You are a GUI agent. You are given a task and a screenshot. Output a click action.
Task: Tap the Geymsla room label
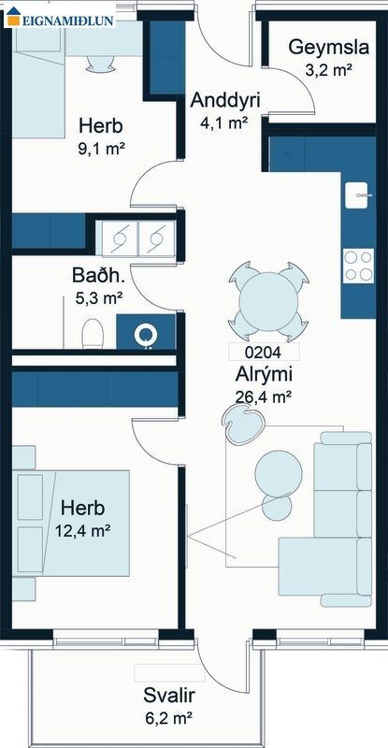[329, 49]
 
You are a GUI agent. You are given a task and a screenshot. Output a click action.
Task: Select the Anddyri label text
[224, 101]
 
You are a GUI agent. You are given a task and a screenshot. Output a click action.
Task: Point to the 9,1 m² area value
[101, 150]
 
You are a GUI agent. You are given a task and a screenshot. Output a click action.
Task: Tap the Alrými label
[264, 375]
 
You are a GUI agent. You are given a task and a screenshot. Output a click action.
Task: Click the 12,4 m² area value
[82, 530]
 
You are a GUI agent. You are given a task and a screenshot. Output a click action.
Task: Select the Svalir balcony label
[169, 696]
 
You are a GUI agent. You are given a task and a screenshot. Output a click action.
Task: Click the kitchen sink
[356, 195]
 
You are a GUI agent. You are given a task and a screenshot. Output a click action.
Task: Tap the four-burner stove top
[358, 266]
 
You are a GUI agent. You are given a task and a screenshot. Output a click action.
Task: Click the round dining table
[268, 301]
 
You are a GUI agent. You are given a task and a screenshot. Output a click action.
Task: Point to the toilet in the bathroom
[93, 334]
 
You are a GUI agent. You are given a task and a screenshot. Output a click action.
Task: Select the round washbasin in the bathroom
[146, 336]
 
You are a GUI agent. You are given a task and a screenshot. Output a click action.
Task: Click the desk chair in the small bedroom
[100, 64]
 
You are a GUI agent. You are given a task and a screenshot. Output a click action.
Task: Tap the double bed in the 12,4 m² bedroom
[71, 524]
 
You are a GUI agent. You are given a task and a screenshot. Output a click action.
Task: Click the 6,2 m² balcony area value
[169, 717]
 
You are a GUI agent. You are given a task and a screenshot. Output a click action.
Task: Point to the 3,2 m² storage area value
[329, 70]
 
